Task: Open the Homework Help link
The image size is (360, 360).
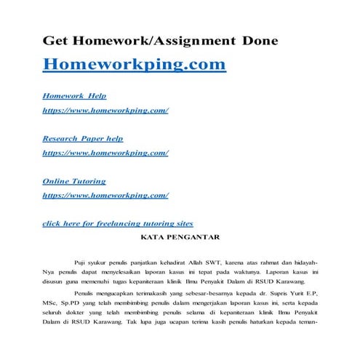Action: (74, 95)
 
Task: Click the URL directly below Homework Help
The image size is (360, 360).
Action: (106, 111)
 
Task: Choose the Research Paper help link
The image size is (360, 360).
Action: (83, 138)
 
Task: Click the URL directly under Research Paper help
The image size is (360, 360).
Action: (106, 153)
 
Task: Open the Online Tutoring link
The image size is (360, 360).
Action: (74, 181)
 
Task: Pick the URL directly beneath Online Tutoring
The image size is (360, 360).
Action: (106, 196)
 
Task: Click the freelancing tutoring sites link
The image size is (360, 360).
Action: (118, 223)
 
